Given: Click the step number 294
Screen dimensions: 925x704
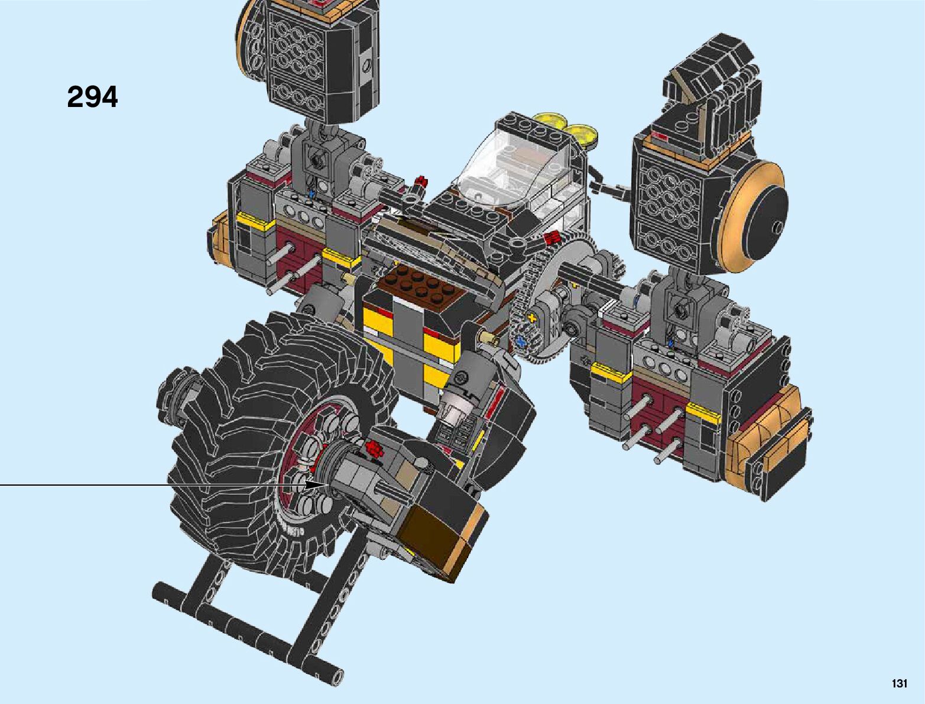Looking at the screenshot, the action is point(93,97).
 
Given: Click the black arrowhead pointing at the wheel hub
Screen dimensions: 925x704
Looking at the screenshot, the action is point(315,485).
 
